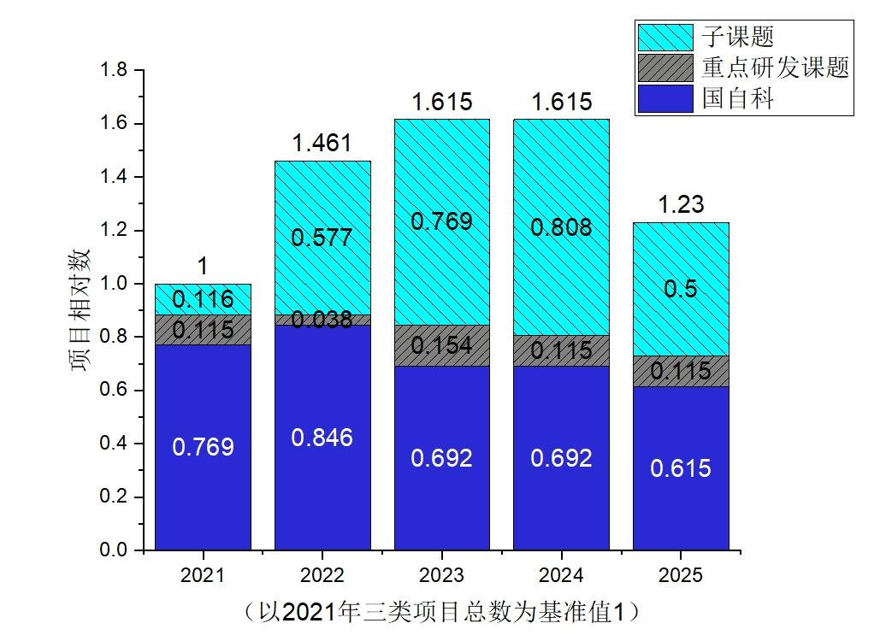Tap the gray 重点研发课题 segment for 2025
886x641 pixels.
pyautogui.click(x=681, y=371)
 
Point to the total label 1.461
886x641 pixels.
pyautogui.click(x=322, y=143)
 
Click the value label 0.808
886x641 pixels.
pyautogui.click(x=561, y=227)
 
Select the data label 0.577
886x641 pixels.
pyautogui.click(x=322, y=238)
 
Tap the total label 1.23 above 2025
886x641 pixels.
pyautogui.click(x=681, y=205)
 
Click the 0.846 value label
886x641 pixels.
pyautogui.click(x=322, y=438)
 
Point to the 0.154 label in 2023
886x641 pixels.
pyautogui.click(x=441, y=345)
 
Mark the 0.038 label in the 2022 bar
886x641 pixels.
pyautogui.click(x=322, y=320)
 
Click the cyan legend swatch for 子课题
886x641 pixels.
pyautogui.click(x=664, y=37)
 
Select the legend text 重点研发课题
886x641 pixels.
pyautogui.click(x=775, y=68)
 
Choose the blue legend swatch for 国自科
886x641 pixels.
pyautogui.click(x=664, y=98)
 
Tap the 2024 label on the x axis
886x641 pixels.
pyautogui.click(x=561, y=575)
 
